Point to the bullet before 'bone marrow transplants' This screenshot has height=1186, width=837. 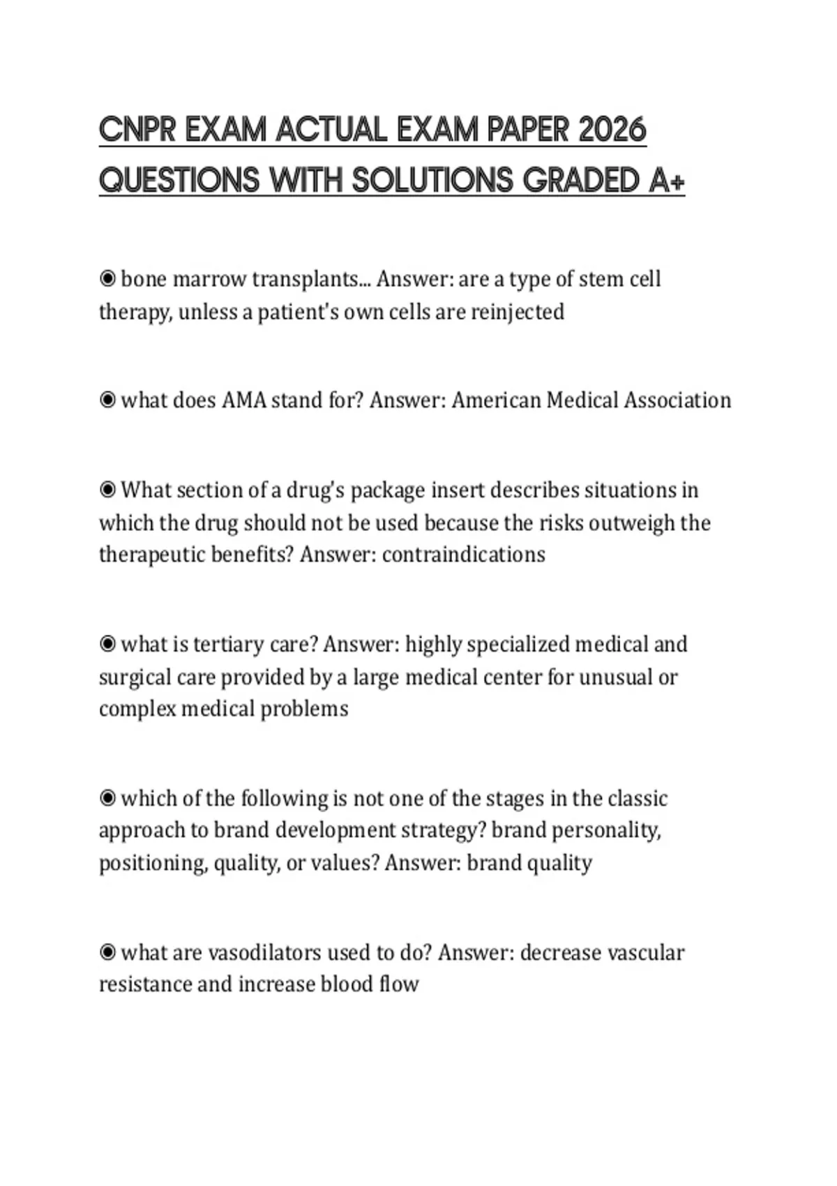(x=107, y=279)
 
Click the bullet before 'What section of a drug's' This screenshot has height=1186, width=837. (x=107, y=490)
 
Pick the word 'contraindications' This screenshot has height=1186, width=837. (x=464, y=555)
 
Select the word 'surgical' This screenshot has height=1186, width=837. (x=135, y=677)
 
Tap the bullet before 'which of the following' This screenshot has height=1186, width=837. (x=107, y=798)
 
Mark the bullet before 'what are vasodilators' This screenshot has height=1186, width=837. (x=107, y=952)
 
